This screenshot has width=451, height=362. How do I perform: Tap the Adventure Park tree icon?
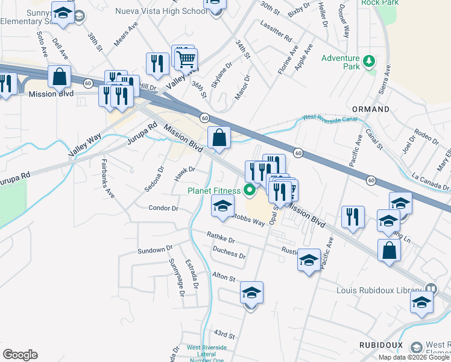[367, 61]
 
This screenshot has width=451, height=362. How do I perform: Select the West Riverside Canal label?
[331, 118]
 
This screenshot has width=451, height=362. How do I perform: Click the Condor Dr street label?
[163, 208]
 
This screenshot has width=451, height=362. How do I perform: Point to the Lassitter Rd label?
[277, 29]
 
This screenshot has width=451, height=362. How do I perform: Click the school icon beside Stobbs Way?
[222, 206]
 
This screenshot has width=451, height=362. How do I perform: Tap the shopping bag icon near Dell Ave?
[60, 77]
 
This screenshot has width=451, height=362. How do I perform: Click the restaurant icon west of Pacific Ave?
[353, 216]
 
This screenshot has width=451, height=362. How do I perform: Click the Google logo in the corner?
[20, 355]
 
